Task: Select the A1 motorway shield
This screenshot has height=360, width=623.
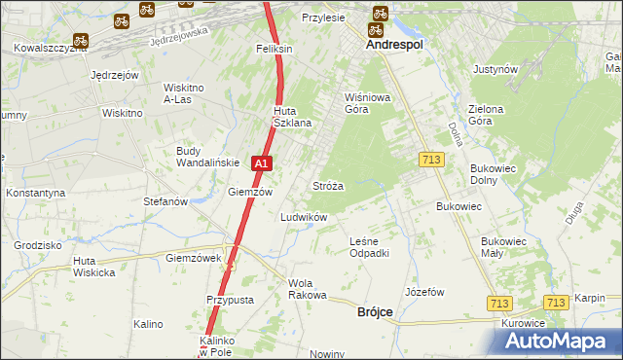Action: click(261, 164)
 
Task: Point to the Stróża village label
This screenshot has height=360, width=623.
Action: click(327, 185)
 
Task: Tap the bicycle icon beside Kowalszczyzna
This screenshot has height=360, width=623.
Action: click(82, 42)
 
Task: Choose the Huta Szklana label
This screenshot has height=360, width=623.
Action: click(292, 117)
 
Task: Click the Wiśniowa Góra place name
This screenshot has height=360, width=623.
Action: click(367, 103)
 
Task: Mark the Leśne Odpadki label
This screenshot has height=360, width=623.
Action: click(369, 247)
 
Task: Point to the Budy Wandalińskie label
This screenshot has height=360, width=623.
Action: click(202, 157)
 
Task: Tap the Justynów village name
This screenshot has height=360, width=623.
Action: click(494, 70)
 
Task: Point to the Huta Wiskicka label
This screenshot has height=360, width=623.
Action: click(93, 267)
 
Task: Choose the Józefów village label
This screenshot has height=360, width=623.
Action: click(423, 292)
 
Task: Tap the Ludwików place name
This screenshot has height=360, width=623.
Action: click(304, 217)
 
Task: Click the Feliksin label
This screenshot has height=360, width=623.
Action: click(275, 48)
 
